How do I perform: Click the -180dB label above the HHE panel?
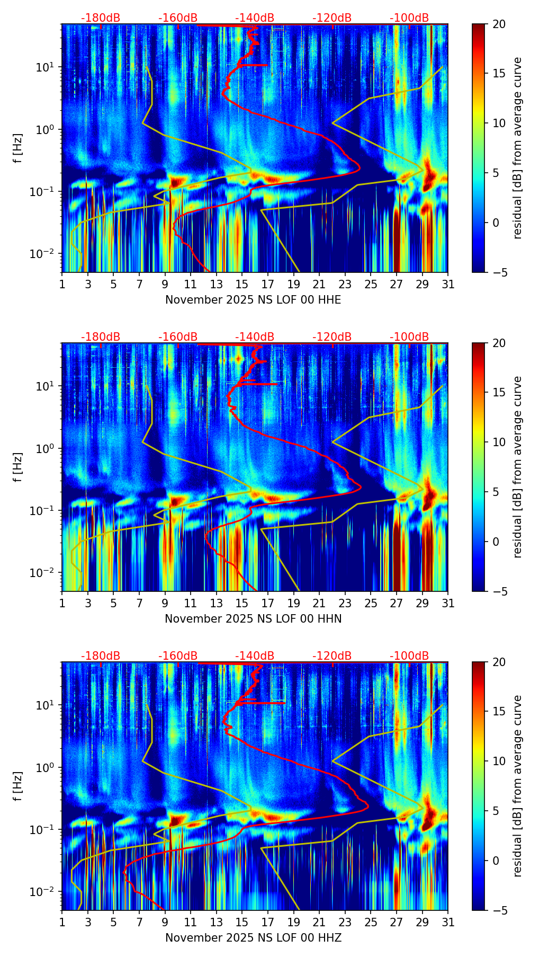point(101,18)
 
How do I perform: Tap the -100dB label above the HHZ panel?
point(409,656)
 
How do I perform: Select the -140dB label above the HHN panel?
point(255,337)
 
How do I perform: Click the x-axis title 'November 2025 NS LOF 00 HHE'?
point(253,300)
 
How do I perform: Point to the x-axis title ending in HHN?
point(253,619)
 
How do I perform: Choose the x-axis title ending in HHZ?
point(253,938)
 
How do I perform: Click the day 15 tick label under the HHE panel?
point(242,284)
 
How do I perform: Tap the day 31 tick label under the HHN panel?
point(448,603)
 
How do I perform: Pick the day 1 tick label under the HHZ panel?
point(62,922)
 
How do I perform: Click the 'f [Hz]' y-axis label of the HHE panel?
point(18,148)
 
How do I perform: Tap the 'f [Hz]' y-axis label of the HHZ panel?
point(18,786)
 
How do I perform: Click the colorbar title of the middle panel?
point(517,467)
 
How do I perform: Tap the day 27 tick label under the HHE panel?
point(397,284)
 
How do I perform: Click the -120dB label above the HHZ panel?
point(332,656)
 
